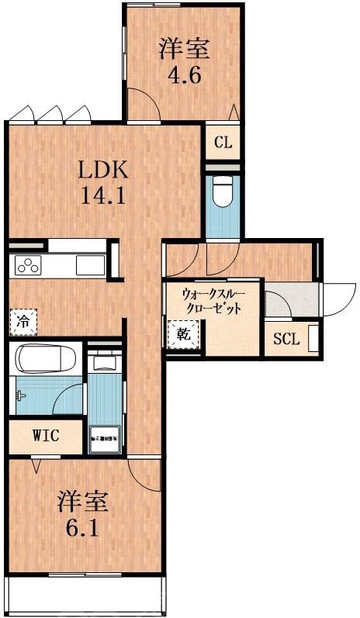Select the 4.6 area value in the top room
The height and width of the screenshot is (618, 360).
click(x=185, y=76)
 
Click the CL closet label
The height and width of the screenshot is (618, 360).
click(x=223, y=143)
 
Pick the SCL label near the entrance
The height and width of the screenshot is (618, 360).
click(x=286, y=339)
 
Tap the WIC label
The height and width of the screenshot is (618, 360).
click(x=46, y=434)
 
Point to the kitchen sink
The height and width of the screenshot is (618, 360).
click(x=89, y=265)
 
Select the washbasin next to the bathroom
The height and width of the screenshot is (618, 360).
click(x=103, y=361)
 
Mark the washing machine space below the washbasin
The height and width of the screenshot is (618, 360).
click(x=103, y=438)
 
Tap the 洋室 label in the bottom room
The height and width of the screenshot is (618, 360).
click(x=81, y=501)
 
